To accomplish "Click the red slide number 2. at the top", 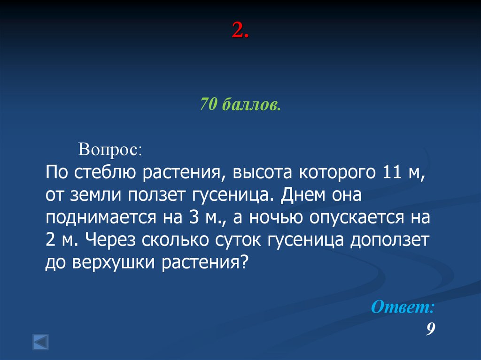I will [x=240, y=32].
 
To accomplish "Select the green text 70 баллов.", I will [x=240, y=104].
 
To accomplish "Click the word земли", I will [x=99, y=195].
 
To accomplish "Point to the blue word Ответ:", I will [x=403, y=307].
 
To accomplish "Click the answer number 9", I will [x=430, y=329].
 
